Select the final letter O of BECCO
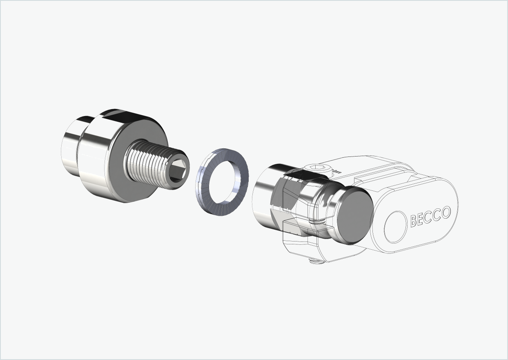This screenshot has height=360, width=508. (446, 212)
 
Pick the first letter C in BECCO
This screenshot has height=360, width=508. (429, 217)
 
